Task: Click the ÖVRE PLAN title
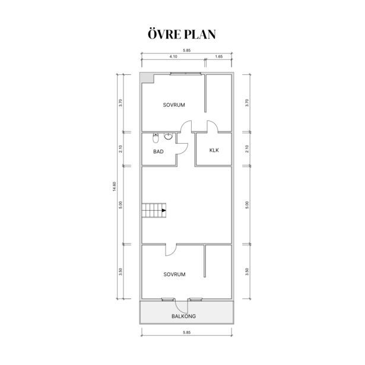click(x=182, y=34)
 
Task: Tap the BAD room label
click(x=158, y=151)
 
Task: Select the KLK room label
click(x=214, y=150)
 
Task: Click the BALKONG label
click(x=183, y=316)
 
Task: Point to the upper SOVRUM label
click(x=174, y=105)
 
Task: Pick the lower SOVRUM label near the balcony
click(x=174, y=274)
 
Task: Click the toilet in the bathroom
click(x=155, y=138)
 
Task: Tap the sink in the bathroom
click(x=168, y=136)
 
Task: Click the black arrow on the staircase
click(x=164, y=211)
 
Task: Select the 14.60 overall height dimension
click(x=114, y=186)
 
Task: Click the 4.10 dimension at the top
click(x=173, y=56)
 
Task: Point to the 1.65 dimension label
click(x=219, y=56)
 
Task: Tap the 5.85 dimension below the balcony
click(x=187, y=332)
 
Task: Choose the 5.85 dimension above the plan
click(x=187, y=50)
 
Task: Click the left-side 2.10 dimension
click(x=120, y=149)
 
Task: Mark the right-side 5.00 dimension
click(x=247, y=205)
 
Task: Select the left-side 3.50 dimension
click(x=120, y=272)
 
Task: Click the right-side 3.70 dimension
click(x=247, y=103)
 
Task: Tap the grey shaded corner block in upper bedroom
click(x=147, y=78)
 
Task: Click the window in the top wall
click(x=186, y=74)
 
